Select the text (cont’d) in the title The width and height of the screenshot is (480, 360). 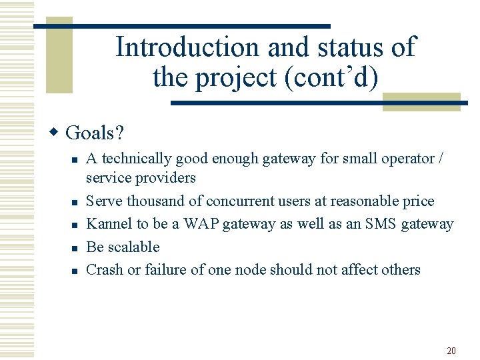click(x=331, y=78)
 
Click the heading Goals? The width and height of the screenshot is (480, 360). click(x=95, y=133)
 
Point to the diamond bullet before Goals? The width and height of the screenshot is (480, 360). click(x=56, y=132)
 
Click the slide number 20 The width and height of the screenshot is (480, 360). click(x=451, y=351)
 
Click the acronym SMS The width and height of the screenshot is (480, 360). click(x=381, y=224)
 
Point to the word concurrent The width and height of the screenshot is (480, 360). click(x=239, y=201)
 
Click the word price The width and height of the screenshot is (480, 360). click(x=418, y=201)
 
